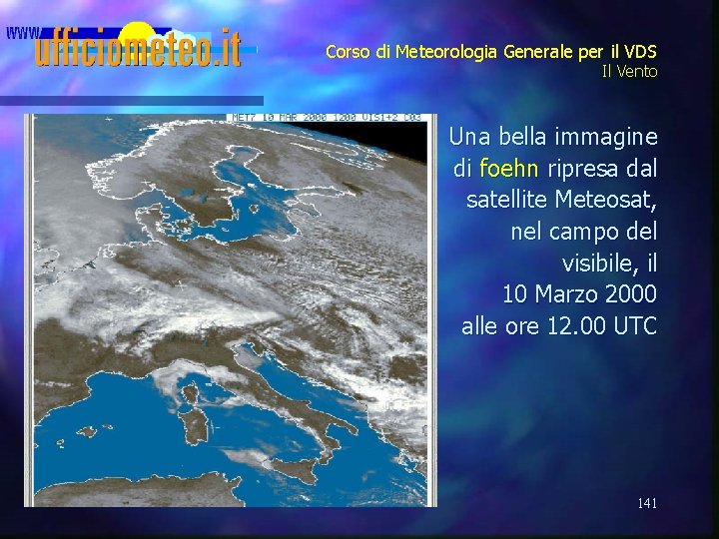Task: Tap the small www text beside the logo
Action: click(x=22, y=32)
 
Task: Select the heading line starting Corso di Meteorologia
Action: click(x=491, y=52)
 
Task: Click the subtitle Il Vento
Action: click(x=629, y=72)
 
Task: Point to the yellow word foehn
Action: click(x=508, y=168)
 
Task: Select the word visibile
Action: click(x=610, y=264)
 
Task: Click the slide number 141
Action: click(x=647, y=504)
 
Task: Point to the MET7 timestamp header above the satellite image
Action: click(x=326, y=118)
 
